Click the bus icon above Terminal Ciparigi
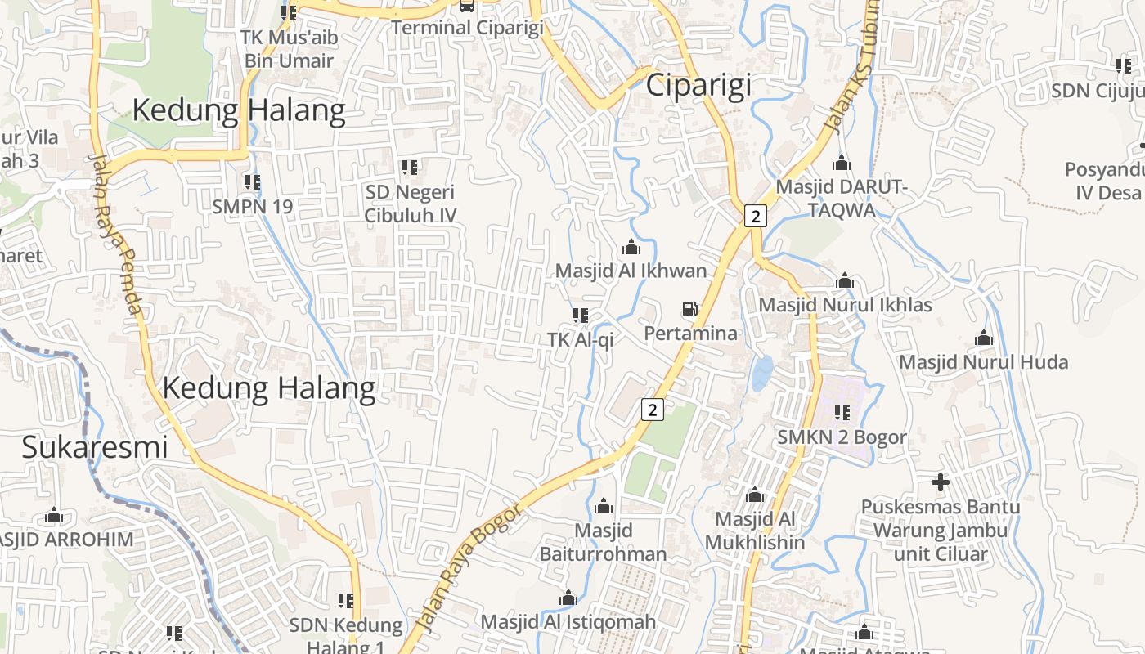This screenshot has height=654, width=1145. coord(466,5)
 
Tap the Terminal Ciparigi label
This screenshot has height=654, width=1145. coord(467,28)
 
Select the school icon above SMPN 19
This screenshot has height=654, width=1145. coord(252,181)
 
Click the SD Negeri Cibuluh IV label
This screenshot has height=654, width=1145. coord(410,204)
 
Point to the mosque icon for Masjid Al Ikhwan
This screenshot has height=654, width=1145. coord(631,246)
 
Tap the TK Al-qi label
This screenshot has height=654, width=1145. coord(580,339)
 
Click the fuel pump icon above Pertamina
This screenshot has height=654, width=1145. coord(690,309)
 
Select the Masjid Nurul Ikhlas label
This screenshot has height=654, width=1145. coord(846,305)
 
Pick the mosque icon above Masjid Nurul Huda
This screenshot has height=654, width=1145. coord(984,338)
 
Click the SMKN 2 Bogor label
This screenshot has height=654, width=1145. coord(842,437)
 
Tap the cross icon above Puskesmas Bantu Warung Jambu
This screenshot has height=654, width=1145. coord(941,482)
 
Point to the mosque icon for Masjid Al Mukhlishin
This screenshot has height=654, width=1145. coord(755,495)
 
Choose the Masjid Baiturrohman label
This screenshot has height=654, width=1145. coord(604,542)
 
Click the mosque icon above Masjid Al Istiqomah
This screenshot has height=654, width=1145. coord(568,598)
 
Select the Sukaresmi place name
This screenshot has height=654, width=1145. coord(94,447)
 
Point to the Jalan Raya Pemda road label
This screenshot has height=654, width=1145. coord(117,237)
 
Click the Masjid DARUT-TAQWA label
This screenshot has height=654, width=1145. coord(842,198)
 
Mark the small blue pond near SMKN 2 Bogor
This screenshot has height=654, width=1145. coord(762,372)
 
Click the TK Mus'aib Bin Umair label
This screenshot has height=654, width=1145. coord(289,49)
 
